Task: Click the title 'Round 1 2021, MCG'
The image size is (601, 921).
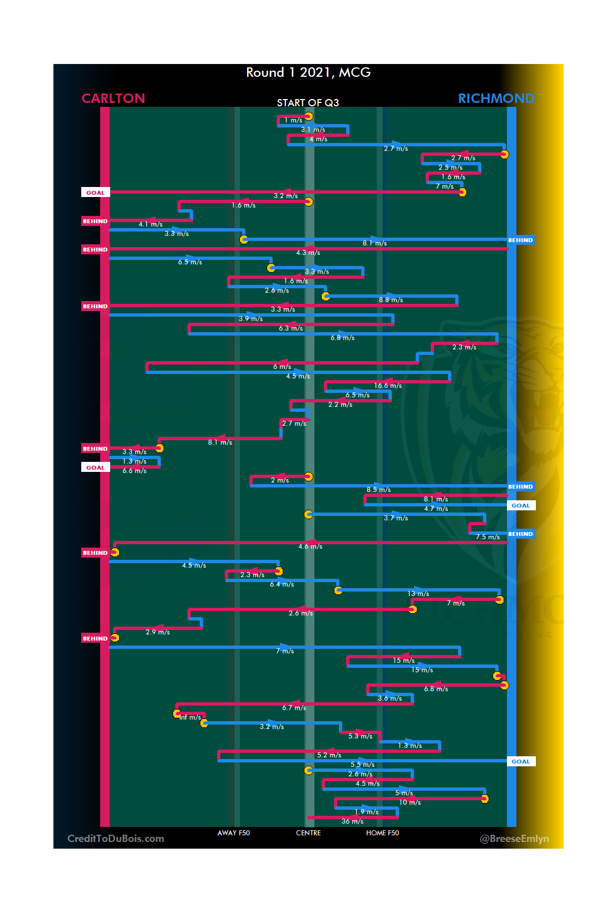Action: [x=308, y=72]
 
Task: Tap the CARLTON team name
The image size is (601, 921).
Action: [x=113, y=98]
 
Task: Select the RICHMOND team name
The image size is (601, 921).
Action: [x=496, y=98]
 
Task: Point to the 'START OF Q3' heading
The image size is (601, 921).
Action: [x=308, y=103]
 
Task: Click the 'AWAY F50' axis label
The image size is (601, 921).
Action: [x=234, y=833]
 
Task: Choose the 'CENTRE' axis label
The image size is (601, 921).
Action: [x=308, y=833]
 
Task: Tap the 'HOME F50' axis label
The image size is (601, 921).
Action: [x=382, y=833]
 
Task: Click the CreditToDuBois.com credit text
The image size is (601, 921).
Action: [x=116, y=839]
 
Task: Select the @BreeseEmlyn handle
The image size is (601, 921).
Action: [x=514, y=839]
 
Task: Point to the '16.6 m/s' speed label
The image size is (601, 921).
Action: [x=388, y=386]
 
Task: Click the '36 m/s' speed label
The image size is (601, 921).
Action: [x=352, y=821]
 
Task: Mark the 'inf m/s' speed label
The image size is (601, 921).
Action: [x=190, y=717]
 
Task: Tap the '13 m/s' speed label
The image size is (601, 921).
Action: [x=418, y=594]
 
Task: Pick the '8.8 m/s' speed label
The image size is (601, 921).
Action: [x=391, y=300]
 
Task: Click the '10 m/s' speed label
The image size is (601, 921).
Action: [x=410, y=802]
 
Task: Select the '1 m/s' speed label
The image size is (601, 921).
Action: [x=293, y=120]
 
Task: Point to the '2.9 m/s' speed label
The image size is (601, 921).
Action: [x=157, y=632]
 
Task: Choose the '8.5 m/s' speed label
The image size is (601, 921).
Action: [x=378, y=490]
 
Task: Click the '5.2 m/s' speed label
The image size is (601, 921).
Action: [x=329, y=755]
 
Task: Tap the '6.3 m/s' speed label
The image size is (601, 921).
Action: [x=290, y=328]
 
